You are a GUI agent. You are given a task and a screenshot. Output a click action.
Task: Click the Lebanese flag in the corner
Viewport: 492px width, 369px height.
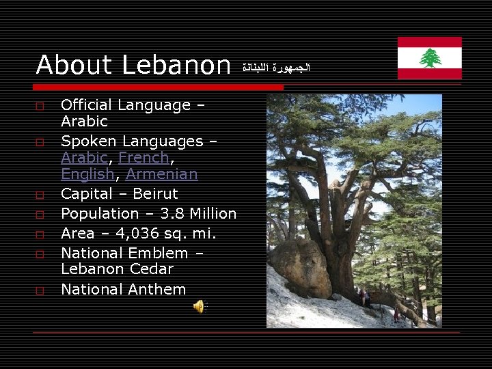click(429, 58)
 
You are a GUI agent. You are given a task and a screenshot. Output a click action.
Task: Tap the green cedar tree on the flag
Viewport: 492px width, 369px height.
click(430, 58)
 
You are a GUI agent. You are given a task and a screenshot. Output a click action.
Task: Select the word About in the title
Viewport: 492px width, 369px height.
click(74, 66)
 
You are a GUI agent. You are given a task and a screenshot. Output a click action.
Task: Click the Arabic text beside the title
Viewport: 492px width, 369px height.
click(276, 68)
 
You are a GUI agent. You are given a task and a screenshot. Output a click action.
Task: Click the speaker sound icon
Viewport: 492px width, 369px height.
click(199, 307)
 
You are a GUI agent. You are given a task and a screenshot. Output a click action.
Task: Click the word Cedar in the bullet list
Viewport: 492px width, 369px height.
click(152, 269)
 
